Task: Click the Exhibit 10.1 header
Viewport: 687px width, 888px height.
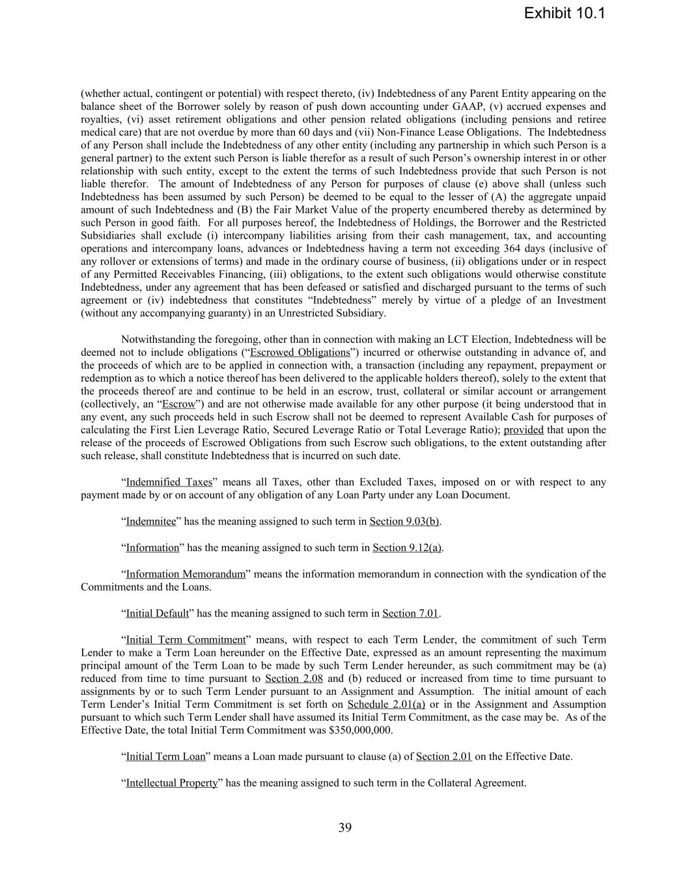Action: click(x=564, y=13)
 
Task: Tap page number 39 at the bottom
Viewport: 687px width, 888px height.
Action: click(x=344, y=827)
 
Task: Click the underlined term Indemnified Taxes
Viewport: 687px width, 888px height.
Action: click(x=169, y=482)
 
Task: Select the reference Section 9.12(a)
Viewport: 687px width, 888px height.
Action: click(x=408, y=548)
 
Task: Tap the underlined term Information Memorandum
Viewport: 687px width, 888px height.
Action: click(x=186, y=574)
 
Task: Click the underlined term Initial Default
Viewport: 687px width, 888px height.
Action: click(x=157, y=613)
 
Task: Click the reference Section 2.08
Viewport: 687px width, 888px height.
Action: click(x=294, y=679)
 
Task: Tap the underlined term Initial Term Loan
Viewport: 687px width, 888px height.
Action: click(x=165, y=757)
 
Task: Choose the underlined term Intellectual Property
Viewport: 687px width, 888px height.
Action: click(x=171, y=783)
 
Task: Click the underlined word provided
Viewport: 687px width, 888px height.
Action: click(x=524, y=430)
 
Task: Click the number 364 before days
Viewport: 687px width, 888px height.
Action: click(x=513, y=249)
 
